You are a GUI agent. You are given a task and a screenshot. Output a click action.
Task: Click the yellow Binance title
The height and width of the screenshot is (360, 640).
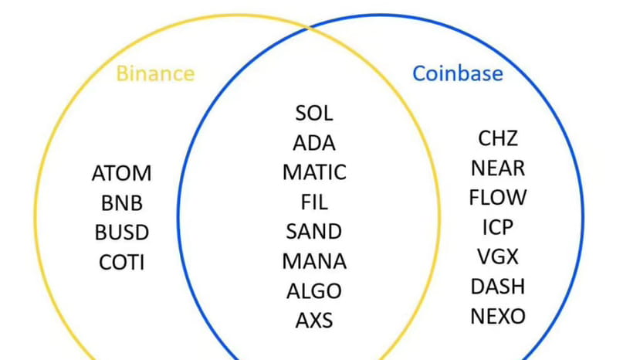tap(155, 74)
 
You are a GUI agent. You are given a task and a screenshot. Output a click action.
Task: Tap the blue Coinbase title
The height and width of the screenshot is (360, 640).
tap(457, 73)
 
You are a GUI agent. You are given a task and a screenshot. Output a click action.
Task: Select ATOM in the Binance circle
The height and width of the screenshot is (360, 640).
tap(121, 173)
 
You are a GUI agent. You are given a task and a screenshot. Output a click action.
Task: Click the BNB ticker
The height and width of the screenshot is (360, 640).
tap(121, 203)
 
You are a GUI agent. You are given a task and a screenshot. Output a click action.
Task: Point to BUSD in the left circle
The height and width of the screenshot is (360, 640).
tap(121, 233)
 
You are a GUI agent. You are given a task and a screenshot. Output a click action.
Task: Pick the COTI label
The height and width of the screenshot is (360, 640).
tap(121, 262)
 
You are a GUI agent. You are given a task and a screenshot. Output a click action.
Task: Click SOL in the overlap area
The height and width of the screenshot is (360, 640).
tap(314, 113)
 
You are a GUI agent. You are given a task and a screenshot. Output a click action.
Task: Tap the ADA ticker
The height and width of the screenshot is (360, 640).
tap(314, 143)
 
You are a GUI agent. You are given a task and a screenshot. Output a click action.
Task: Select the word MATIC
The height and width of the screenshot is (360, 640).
tap(314, 172)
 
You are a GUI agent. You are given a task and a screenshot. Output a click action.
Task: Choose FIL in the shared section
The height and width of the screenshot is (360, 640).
tap(314, 202)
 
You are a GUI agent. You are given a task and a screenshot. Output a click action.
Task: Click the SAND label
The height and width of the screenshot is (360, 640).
tap(314, 231)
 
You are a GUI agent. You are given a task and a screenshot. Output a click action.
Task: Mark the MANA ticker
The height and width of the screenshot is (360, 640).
tap(314, 261)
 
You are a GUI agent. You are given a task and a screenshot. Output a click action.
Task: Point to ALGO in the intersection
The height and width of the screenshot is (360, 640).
tap(314, 290)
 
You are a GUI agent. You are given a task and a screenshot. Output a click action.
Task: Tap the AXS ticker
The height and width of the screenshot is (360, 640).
tap(314, 320)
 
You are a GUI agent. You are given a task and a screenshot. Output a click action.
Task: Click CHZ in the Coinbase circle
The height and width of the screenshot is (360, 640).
tap(498, 138)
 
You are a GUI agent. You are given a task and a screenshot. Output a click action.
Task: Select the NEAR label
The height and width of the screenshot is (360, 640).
tap(498, 168)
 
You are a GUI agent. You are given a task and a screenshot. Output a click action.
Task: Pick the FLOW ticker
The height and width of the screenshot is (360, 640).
tap(498, 197)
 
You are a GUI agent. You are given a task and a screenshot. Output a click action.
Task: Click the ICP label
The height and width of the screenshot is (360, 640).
tap(498, 227)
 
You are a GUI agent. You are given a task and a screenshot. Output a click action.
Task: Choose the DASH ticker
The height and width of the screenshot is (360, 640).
tap(498, 286)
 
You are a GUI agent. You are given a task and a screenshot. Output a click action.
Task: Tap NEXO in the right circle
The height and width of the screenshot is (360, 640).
tap(498, 316)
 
